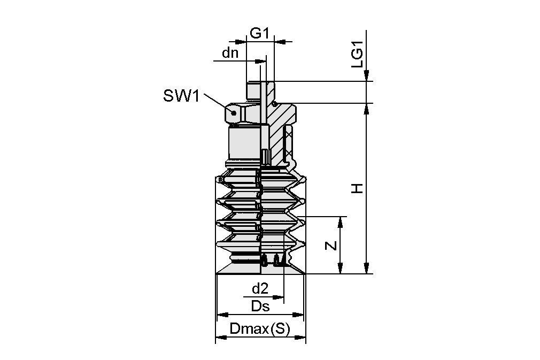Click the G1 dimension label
[259, 33]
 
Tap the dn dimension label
[230, 53]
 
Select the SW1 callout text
[181, 96]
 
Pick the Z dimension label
[331, 246]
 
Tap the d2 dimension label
[259, 289]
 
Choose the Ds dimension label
[260, 307]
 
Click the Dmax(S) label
[259, 330]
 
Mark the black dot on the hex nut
[233, 112]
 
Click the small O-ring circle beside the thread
[274, 103]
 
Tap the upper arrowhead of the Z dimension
[340, 221]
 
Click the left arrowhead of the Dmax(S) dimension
[220, 338]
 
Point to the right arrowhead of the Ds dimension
[299, 315]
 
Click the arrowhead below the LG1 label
[366, 77]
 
